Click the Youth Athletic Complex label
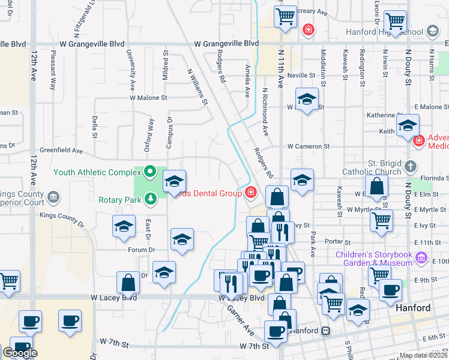[x=96, y=172]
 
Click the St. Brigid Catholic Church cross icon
[x=410, y=166]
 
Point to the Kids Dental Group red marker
[x=250, y=193]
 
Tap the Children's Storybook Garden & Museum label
[x=374, y=259]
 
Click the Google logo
[x=20, y=353]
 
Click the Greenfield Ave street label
[x=61, y=151]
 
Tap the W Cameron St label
[x=308, y=146]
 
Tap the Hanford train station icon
[x=325, y=331]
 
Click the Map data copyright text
[x=423, y=355]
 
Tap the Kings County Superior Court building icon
[x=53, y=196]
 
